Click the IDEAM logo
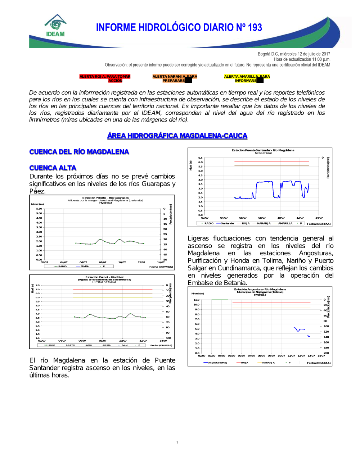click(x=55, y=26)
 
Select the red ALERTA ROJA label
click(x=105, y=78)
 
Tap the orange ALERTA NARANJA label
click(x=175, y=78)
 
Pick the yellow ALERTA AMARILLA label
click(x=247, y=78)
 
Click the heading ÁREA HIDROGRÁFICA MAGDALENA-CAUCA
click(x=177, y=136)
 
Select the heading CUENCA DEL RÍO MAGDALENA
click(x=79, y=152)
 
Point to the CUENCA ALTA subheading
click(x=53, y=168)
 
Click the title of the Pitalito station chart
click(x=105, y=198)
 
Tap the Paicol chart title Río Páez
click(x=104, y=277)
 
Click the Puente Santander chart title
click(x=263, y=150)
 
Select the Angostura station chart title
click(x=260, y=290)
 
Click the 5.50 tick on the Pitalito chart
click(x=39, y=209)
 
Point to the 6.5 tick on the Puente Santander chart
click(x=200, y=158)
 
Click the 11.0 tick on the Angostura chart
click(x=196, y=300)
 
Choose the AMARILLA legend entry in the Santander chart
click(x=285, y=223)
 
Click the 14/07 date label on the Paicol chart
click(x=163, y=341)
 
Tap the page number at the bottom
click(x=177, y=442)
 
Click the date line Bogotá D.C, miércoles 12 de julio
click(x=294, y=54)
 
